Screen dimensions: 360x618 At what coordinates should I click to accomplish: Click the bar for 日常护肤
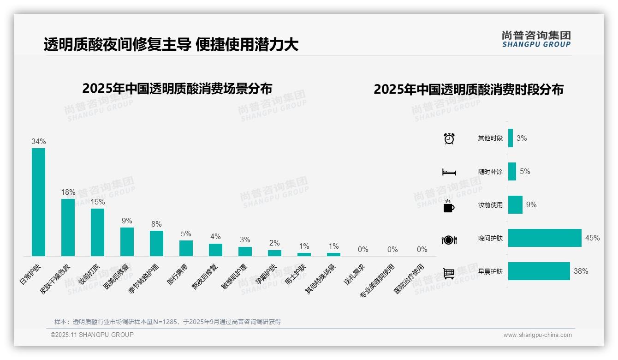pyautogui.click(x=38, y=202)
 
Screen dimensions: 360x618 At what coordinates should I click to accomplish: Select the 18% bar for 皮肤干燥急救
pyautogui.click(x=68, y=227)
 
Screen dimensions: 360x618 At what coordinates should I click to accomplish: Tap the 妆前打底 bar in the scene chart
pyautogui.click(x=97, y=232)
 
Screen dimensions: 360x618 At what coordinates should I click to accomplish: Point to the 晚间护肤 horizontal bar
pyautogui.click(x=545, y=238)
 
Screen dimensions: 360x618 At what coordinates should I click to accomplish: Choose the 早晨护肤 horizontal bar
pyautogui.click(x=539, y=271)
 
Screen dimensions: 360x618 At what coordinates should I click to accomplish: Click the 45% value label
pyautogui.click(x=592, y=238)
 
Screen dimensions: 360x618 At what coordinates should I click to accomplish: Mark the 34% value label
pyautogui.click(x=38, y=142)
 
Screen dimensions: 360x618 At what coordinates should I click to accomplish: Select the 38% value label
pyautogui.click(x=581, y=271)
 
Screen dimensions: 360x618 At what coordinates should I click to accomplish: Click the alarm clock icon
pyautogui.click(x=449, y=138)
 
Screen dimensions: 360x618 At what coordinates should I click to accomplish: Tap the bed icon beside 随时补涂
pyautogui.click(x=449, y=172)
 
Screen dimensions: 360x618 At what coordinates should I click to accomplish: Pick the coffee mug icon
pyautogui.click(x=449, y=206)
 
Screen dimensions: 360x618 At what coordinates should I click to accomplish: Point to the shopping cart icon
pyautogui.click(x=449, y=273)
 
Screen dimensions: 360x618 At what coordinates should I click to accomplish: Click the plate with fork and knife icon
pyautogui.click(x=449, y=240)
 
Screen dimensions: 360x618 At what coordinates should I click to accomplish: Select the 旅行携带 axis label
pyautogui.click(x=178, y=274)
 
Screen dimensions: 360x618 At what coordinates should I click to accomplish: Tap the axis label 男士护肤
pyautogui.click(x=295, y=274)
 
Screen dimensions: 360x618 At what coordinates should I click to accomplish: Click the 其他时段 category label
pyautogui.click(x=490, y=138)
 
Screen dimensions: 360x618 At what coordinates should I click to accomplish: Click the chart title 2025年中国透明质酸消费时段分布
pyautogui.click(x=469, y=90)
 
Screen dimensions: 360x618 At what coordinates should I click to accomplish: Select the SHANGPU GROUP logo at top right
pyautogui.click(x=536, y=39)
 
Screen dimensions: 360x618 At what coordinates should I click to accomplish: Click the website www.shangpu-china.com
pyautogui.click(x=537, y=335)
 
